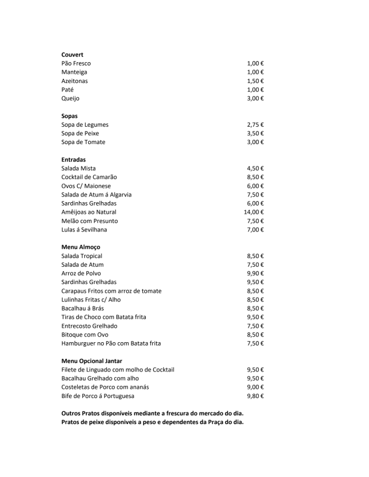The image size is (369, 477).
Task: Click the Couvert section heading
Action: (x=72, y=55)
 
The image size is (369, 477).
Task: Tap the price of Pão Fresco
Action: (x=255, y=63)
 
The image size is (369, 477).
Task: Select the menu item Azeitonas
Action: (x=74, y=81)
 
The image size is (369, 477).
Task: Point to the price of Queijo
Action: (x=255, y=99)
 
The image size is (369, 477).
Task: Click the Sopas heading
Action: (x=69, y=116)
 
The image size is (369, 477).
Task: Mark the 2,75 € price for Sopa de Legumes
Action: (x=255, y=124)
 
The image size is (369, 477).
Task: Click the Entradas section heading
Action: (x=73, y=160)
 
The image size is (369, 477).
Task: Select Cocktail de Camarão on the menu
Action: (x=89, y=177)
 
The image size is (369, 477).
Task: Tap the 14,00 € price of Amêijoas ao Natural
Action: (x=254, y=212)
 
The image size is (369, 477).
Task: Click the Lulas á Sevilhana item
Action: (x=84, y=230)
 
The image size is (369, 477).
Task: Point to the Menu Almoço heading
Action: (x=81, y=247)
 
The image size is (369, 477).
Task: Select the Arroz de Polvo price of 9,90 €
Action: (x=255, y=274)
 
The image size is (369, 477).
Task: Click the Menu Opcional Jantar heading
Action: (x=92, y=361)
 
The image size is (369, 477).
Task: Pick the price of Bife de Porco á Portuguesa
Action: (x=255, y=396)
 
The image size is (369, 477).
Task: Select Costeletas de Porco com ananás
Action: (x=101, y=387)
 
